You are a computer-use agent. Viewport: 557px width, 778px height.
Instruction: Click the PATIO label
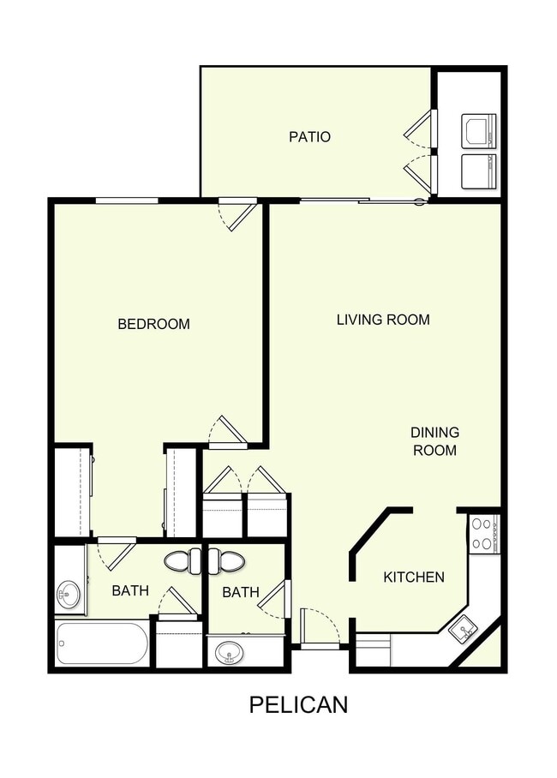click(x=309, y=136)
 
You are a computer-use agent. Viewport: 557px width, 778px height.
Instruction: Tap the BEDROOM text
click(x=153, y=324)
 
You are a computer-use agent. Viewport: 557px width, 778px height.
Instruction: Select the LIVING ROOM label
click(x=382, y=320)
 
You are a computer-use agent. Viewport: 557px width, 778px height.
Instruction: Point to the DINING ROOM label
click(x=434, y=441)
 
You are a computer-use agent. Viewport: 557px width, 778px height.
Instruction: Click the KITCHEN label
click(x=413, y=577)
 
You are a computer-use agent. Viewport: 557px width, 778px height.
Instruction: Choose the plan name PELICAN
click(x=298, y=704)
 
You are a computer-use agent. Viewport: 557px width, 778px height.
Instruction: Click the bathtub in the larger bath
click(x=102, y=643)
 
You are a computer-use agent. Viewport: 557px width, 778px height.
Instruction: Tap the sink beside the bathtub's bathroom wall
click(x=69, y=590)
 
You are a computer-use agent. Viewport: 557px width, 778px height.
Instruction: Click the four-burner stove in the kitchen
click(x=483, y=532)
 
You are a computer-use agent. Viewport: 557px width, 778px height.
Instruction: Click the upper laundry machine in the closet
click(x=478, y=131)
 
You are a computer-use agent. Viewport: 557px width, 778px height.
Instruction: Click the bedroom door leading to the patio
click(x=237, y=213)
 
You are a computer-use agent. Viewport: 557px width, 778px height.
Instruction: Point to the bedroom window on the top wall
click(x=126, y=200)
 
